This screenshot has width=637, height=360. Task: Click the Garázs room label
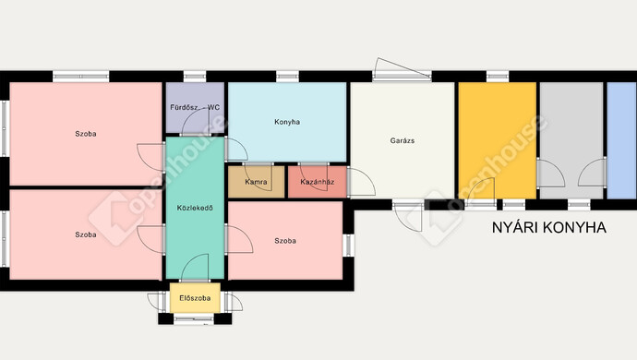(403, 140)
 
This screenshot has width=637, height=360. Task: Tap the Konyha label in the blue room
(287, 122)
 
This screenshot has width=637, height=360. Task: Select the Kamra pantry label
(256, 182)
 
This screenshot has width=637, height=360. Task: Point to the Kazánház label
(318, 182)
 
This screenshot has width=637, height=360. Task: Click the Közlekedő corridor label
(195, 208)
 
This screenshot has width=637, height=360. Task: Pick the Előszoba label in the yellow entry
(195, 298)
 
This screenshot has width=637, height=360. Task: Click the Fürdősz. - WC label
(195, 108)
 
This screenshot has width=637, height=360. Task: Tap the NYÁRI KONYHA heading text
(549, 228)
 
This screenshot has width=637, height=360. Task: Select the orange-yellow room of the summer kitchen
(498, 140)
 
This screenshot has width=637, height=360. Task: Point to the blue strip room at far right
(621, 140)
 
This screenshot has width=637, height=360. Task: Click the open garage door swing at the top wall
(402, 68)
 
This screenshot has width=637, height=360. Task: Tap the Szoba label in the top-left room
(86, 134)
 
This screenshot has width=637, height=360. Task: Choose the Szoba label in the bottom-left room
(86, 234)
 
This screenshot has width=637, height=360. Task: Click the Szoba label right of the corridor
(285, 241)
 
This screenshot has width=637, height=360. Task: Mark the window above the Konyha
(288, 76)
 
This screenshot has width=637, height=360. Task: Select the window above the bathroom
(195, 76)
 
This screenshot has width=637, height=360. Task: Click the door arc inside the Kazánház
(314, 176)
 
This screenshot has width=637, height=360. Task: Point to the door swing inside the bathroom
(196, 123)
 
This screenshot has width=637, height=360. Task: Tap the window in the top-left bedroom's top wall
(81, 76)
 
